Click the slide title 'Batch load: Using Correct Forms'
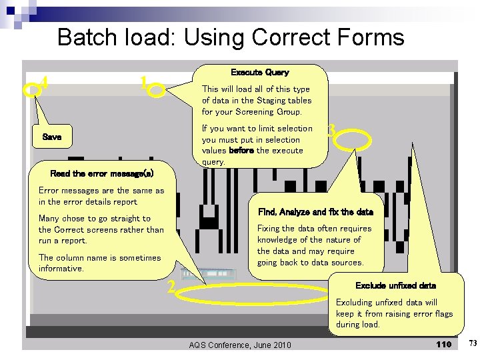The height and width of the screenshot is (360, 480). (x=231, y=37)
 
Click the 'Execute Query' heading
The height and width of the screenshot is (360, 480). (x=259, y=72)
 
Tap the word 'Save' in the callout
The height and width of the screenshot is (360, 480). (x=51, y=137)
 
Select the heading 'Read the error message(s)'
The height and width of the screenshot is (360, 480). (x=101, y=173)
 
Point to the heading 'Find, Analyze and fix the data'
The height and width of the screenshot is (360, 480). (x=315, y=212)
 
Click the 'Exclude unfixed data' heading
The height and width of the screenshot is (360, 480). (x=395, y=285)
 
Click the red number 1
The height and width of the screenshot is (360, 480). (x=143, y=83)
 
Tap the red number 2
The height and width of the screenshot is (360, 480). (x=171, y=287)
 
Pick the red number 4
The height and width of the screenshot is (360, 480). (x=44, y=83)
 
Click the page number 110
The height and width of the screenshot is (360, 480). (x=443, y=344)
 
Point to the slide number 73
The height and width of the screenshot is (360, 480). (x=472, y=343)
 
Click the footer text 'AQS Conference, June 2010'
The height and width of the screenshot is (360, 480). (x=240, y=345)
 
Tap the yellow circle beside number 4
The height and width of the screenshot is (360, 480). (x=31, y=89)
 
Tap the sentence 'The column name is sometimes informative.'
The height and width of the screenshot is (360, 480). (x=99, y=263)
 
